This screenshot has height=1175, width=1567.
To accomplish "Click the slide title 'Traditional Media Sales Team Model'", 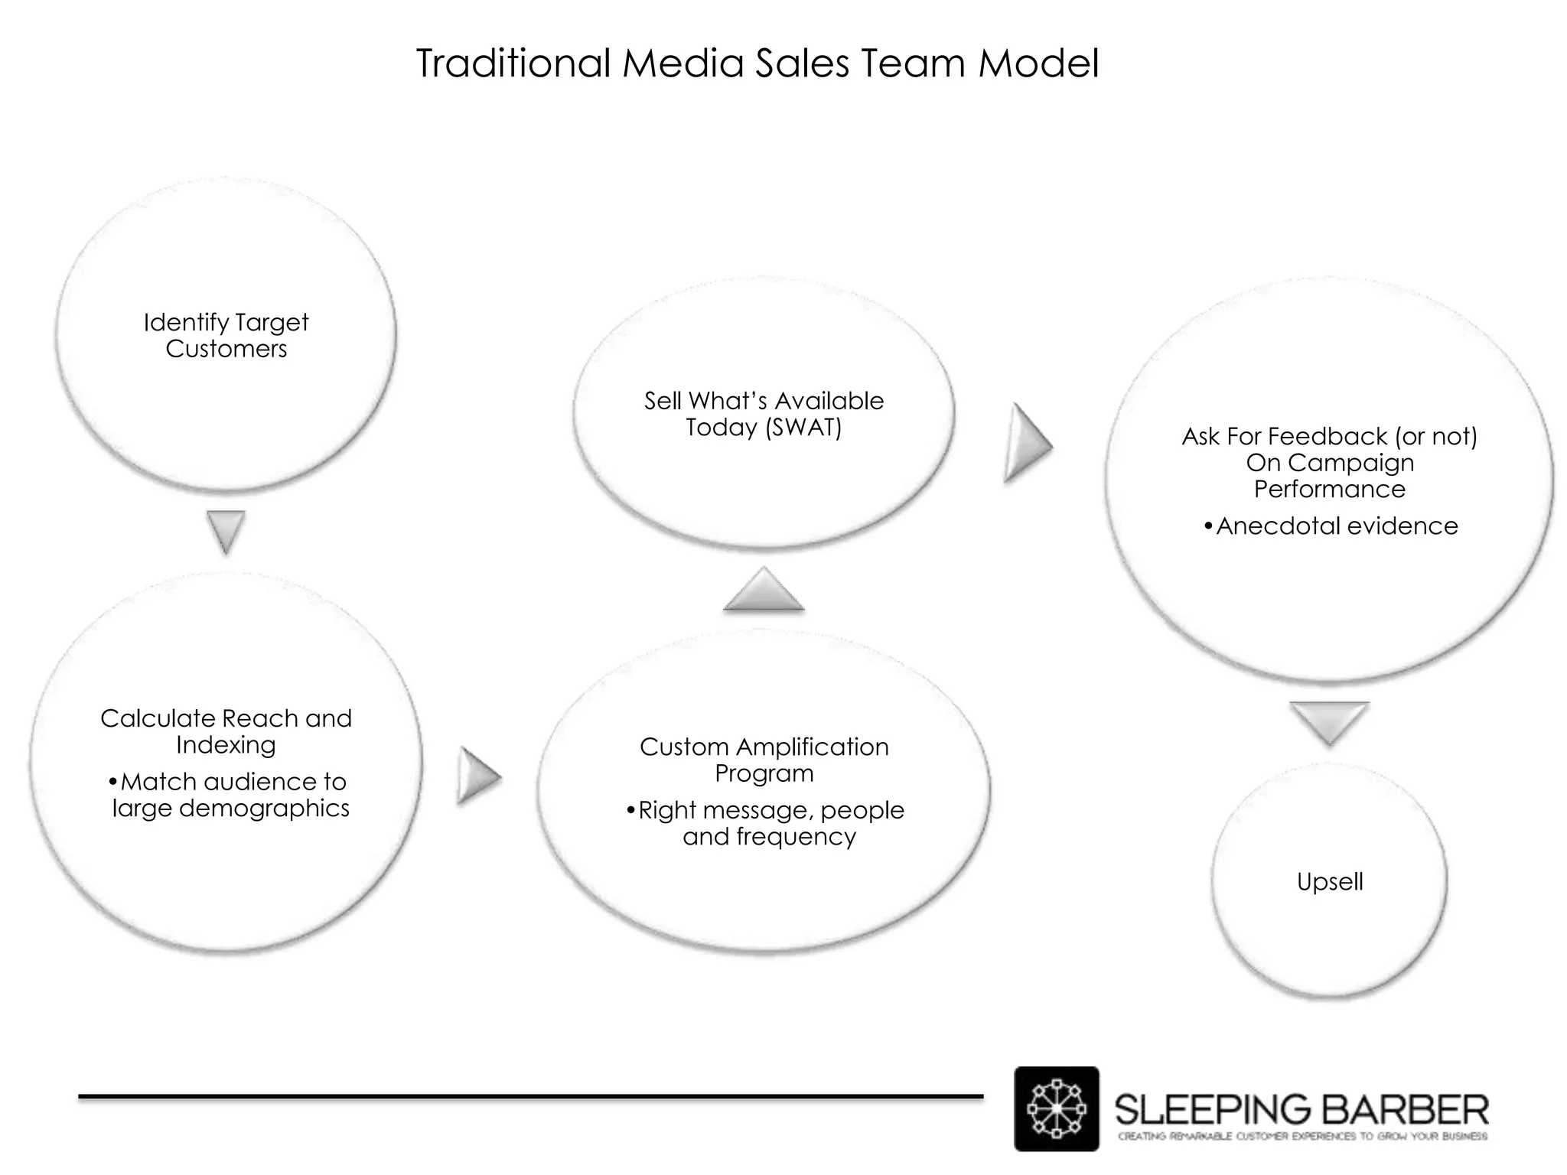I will (x=757, y=63).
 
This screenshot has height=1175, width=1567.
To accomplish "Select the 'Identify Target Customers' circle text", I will (x=226, y=336).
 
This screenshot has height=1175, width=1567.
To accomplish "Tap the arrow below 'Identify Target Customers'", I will (x=226, y=531).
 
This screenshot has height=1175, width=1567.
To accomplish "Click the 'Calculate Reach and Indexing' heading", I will (x=226, y=731).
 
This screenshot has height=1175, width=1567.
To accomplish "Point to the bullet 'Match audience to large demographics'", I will (x=230, y=795).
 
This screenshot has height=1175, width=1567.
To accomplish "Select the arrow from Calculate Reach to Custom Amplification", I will (x=478, y=776).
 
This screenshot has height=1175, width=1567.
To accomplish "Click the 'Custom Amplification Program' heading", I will (x=764, y=760).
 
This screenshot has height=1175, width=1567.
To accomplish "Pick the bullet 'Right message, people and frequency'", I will (x=768, y=823).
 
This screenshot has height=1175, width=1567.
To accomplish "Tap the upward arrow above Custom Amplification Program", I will (x=764, y=591).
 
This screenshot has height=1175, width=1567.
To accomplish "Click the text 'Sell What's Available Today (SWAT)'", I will (x=764, y=414).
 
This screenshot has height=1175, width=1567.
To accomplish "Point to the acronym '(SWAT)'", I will (x=803, y=428).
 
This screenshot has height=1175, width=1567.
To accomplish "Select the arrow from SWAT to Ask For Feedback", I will (x=1028, y=443).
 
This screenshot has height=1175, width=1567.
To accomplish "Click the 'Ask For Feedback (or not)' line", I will (x=1329, y=437).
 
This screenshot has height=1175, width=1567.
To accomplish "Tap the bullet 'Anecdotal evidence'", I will (x=1331, y=526).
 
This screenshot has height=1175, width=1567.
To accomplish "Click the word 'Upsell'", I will (x=1330, y=882).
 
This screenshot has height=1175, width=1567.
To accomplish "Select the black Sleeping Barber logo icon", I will (x=1056, y=1108).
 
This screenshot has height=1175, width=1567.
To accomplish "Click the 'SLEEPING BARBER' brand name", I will (x=1301, y=1108).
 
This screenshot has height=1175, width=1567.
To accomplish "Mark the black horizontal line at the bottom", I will (x=530, y=1097).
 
